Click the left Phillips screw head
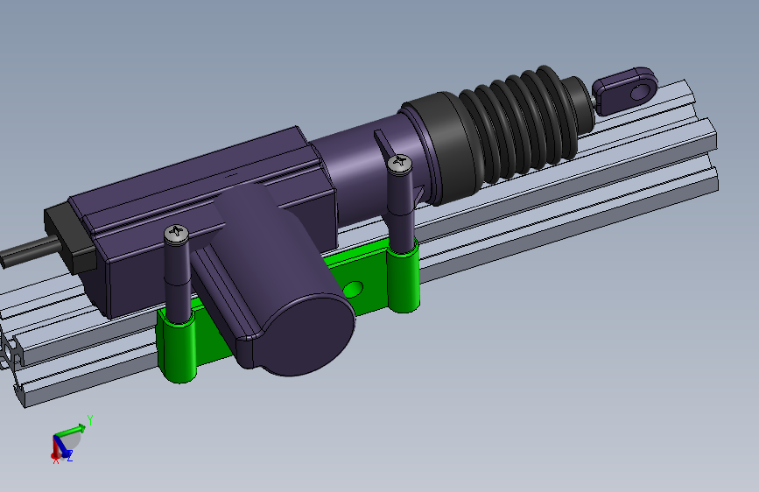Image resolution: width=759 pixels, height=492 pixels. point(176,233)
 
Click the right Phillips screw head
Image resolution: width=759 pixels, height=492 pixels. point(400,162)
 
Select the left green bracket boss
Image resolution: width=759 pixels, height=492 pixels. point(175,348)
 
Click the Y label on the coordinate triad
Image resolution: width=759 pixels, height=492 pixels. point(90,419)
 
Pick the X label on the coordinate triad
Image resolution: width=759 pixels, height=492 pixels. point(55,460)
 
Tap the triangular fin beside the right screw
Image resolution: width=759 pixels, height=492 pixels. point(383,144)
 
